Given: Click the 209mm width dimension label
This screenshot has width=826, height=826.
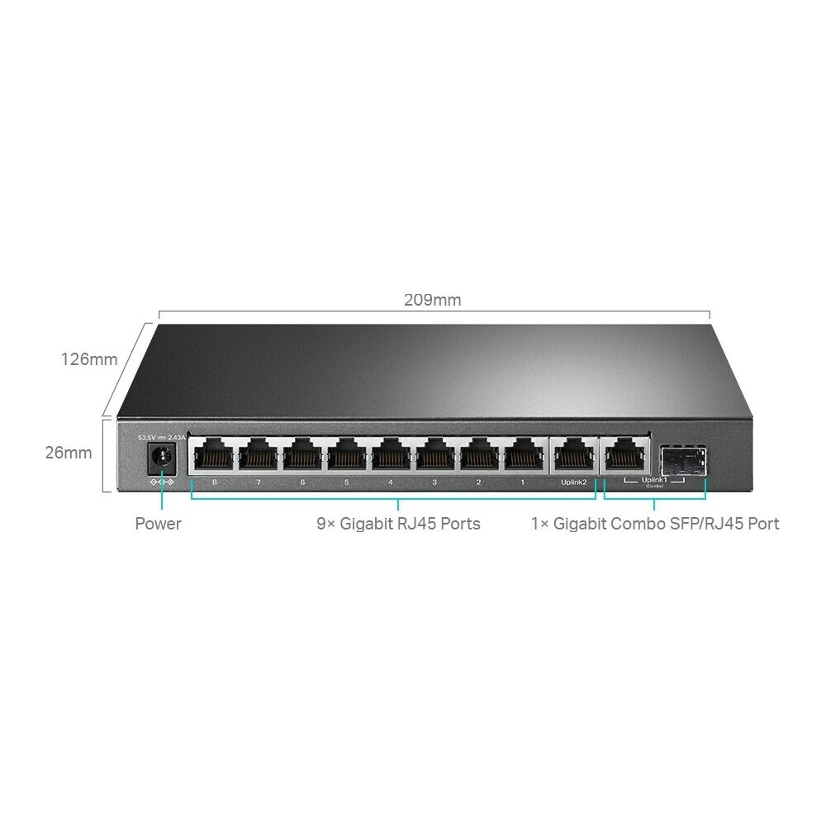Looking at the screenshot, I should coord(432,300).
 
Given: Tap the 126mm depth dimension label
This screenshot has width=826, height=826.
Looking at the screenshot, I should coord(88,359).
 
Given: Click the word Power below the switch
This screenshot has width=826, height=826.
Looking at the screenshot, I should coord(158,524).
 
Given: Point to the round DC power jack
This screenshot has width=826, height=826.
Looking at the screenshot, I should coord(161,456).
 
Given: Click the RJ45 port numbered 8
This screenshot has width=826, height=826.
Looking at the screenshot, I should coord(213,455).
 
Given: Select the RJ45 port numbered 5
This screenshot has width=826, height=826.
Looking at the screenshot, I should coord(346,455).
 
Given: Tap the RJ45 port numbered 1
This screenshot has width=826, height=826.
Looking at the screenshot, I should coord(523,455).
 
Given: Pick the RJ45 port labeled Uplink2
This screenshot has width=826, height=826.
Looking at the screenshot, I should coord(571,455).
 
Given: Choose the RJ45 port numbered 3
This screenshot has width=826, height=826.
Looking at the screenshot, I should coord(434,455).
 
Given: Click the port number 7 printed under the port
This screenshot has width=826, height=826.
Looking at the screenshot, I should coord(258,482).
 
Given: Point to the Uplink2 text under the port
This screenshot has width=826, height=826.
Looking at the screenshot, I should coord(571,482).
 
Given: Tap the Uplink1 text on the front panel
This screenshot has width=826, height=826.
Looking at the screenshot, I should coord(654,479).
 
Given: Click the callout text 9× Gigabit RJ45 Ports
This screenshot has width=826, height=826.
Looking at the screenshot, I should coord(398,524).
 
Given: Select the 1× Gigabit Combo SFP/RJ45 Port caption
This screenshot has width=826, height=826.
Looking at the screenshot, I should coord(655,524).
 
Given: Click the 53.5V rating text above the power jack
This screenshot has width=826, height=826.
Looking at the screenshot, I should coord(146,436).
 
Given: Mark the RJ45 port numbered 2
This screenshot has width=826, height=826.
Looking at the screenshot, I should coord(479,455).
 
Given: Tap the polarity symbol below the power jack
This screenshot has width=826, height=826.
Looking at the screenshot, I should coord(161,482).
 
